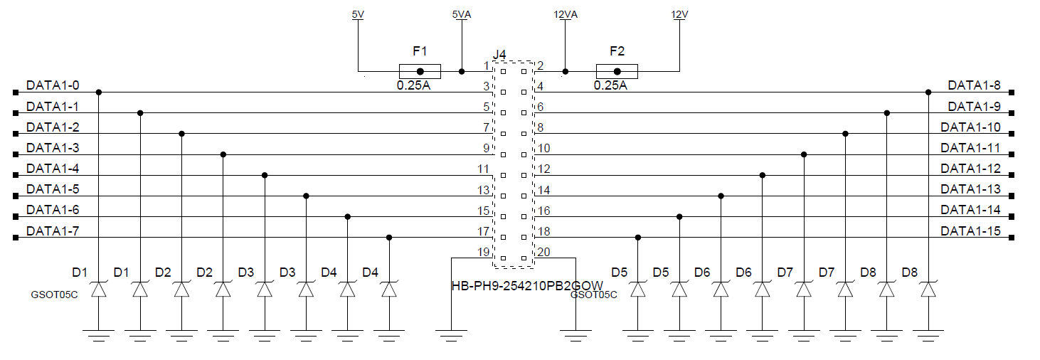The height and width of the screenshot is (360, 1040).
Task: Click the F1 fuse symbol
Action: pyautogui.click(x=420, y=71)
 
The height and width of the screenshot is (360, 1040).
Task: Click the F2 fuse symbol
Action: pyautogui.click(x=617, y=71)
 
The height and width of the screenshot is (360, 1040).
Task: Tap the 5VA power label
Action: pyautogui.click(x=461, y=14)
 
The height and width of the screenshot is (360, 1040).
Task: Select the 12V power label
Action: pyautogui.click(x=679, y=14)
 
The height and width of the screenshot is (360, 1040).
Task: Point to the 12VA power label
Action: pyautogui.click(x=566, y=14)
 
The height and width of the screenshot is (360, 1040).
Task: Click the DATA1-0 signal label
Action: pyautogui.click(x=53, y=85)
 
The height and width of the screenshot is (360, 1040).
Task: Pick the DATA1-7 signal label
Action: pyautogui.click(x=53, y=231)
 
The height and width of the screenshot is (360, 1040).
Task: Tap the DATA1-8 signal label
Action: pyautogui.click(x=974, y=85)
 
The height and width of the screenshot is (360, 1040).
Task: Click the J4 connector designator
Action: pyautogui.click(x=499, y=55)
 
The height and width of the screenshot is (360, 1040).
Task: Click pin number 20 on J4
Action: pyautogui.click(x=543, y=252)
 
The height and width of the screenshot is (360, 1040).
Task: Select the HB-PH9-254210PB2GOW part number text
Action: pyautogui.click(x=527, y=285)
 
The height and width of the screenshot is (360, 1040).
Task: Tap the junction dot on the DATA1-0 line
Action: pyautogui.click(x=99, y=92)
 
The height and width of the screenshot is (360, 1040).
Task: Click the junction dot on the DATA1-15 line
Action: pyautogui.click(x=638, y=237)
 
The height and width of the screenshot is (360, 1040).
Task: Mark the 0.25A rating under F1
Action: pyautogui.click(x=413, y=85)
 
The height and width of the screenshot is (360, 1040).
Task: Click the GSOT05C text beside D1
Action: pyautogui.click(x=54, y=293)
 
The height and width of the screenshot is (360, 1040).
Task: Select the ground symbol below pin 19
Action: pyautogui.click(x=451, y=332)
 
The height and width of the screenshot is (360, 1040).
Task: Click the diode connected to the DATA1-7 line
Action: pyautogui.click(x=388, y=290)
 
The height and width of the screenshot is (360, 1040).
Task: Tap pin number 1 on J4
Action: pyautogui.click(x=486, y=66)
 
